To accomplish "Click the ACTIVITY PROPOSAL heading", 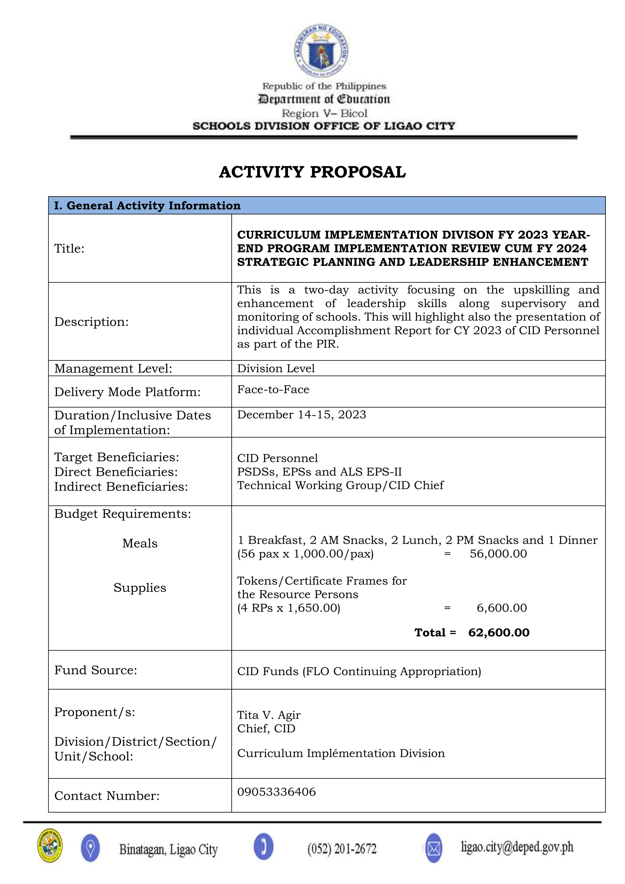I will pyautogui.click(x=312, y=172).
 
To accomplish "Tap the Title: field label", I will pyautogui.click(x=69, y=248).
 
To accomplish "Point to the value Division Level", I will pyautogui.click(x=276, y=368).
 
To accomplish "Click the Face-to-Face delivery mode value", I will pyautogui.click(x=273, y=389).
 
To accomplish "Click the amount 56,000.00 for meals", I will pyautogui.click(x=498, y=554).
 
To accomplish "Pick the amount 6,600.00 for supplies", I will pyautogui.click(x=501, y=608).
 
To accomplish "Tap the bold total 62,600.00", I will pyautogui.click(x=499, y=632).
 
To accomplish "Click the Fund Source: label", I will pyautogui.click(x=96, y=670).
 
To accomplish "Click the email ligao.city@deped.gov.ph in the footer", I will pyautogui.click(x=517, y=847).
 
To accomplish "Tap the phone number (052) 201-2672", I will pyautogui.click(x=342, y=849).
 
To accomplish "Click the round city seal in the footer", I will pyautogui.click(x=50, y=846).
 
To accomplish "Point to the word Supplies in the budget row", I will pyautogui.click(x=140, y=588).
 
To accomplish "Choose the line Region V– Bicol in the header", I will pyautogui.click(x=324, y=113).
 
